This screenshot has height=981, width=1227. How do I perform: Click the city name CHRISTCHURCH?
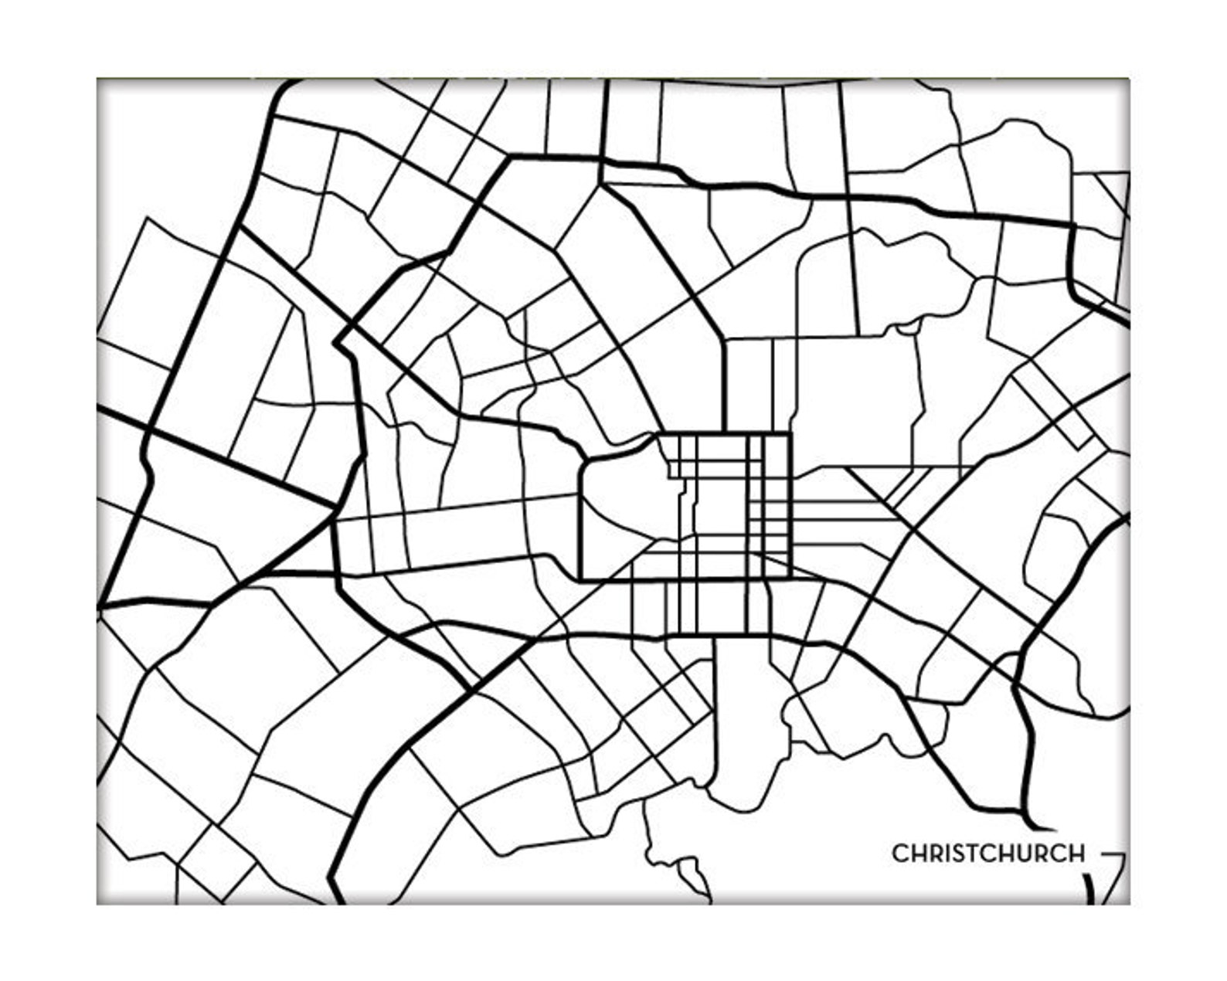click(988, 854)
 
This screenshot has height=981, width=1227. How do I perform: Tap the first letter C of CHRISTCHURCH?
click(901, 854)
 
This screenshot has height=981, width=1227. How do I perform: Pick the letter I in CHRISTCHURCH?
click(943, 854)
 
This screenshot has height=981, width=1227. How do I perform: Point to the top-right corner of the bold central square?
click(790, 434)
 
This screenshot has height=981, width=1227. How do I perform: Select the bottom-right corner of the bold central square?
click(790, 577)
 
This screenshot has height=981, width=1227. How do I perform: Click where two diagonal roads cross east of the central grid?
click(912, 531)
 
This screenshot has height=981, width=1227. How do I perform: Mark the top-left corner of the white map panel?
click(98, 80)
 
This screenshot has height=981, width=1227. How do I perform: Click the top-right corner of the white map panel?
click(1129, 80)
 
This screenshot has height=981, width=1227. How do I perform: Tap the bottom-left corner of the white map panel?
click(98, 903)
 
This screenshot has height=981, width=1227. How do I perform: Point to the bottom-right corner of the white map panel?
click(1129, 903)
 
